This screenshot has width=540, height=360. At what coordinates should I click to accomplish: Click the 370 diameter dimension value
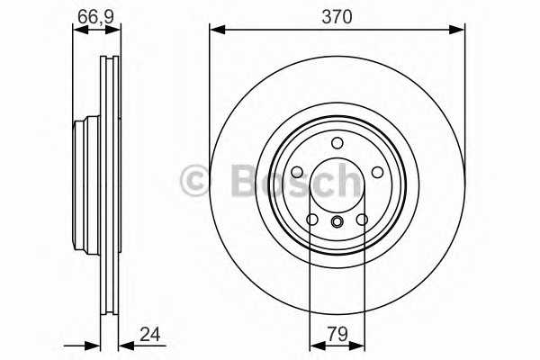coord(337,16)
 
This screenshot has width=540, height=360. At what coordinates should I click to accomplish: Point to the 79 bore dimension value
coord(338,335)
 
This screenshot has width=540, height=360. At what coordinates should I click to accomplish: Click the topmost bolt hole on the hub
coord(337,142)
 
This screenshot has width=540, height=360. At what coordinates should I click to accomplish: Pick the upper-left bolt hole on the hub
coord(297,171)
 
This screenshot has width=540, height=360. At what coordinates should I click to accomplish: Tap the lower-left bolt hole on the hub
coord(312,219)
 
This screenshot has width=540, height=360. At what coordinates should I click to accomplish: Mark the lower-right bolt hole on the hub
coord(363,219)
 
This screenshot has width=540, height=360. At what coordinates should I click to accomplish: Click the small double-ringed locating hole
coord(337,223)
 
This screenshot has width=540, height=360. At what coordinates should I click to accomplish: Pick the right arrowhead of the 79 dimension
coord(360,344)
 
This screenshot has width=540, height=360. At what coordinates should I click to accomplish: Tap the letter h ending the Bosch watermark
coord(346,181)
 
